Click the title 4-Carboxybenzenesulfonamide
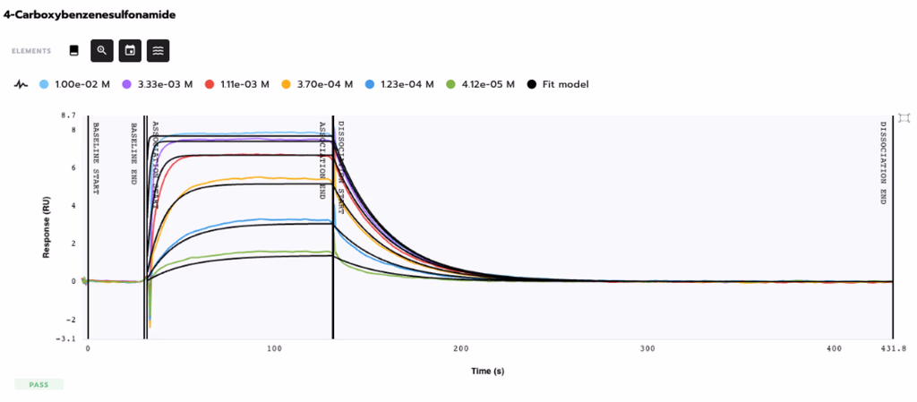(x=89, y=15)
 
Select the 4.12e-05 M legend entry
(x=482, y=84)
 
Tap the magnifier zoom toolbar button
(x=102, y=51)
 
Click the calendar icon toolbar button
(x=130, y=51)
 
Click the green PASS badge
(x=39, y=384)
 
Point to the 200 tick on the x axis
(x=461, y=348)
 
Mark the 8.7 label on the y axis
(x=69, y=116)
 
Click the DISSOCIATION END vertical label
(x=883, y=163)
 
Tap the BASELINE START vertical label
(x=96, y=158)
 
